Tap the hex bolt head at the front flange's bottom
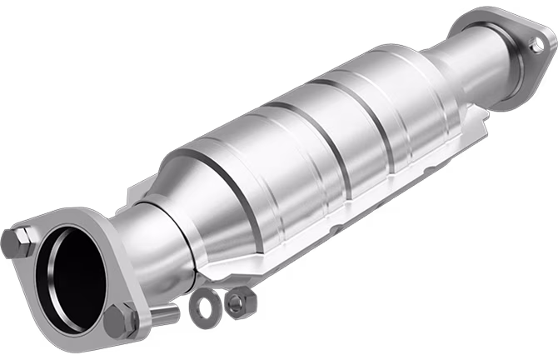click(x=122, y=319)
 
